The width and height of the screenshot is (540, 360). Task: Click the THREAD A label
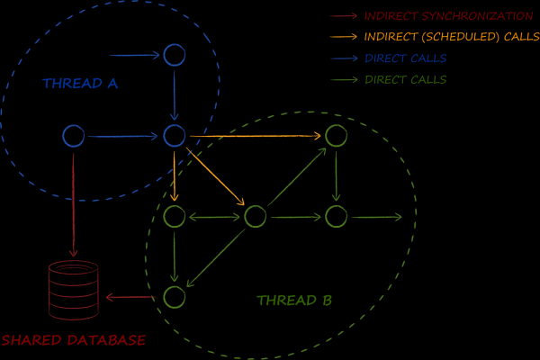coord(80,84)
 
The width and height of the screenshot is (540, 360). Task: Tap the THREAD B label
coord(294,301)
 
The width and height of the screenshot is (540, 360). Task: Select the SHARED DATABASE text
coord(73,341)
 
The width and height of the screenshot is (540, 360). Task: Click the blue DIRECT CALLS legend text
coord(405,58)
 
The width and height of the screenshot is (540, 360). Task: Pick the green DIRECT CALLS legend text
coord(405,80)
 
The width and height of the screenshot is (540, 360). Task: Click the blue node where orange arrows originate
coord(174,136)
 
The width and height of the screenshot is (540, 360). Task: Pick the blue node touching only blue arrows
coord(174,56)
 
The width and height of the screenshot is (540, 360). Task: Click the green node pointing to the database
coord(174,296)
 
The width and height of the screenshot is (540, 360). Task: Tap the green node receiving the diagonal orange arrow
coord(255,216)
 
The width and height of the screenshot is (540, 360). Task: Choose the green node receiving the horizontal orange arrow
coord(336,136)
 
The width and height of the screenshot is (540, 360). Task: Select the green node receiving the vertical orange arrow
coord(174,216)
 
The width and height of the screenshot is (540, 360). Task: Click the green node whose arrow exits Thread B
coord(336,216)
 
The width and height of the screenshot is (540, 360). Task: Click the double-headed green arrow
coord(214,216)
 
